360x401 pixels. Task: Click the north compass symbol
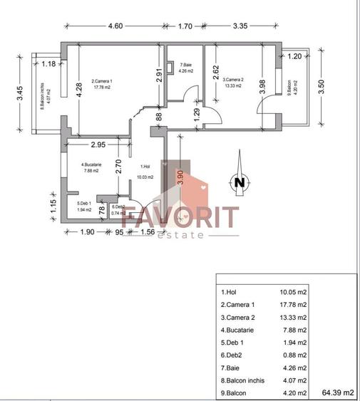(x=238, y=182)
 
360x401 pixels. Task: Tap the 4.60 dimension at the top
(x=115, y=26)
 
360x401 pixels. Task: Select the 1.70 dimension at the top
(x=184, y=26)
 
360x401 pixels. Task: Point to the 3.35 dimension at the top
(x=240, y=26)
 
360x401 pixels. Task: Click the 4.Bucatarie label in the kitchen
(x=93, y=167)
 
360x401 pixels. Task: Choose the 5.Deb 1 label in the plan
(x=86, y=206)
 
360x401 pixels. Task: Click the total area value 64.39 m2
(x=339, y=392)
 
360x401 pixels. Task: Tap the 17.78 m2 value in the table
(x=293, y=303)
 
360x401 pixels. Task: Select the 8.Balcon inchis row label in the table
(x=242, y=380)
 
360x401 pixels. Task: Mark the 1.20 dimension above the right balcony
(x=294, y=55)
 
